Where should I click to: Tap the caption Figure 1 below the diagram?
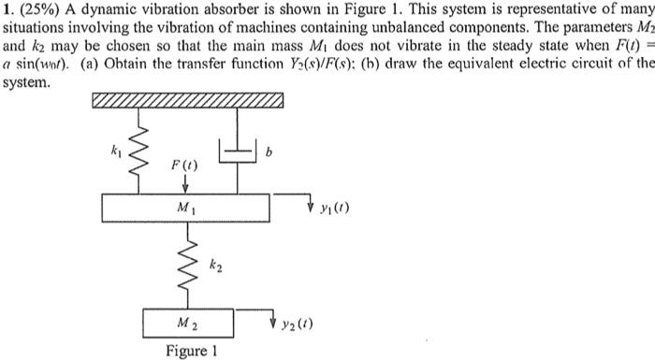[x=192, y=352]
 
